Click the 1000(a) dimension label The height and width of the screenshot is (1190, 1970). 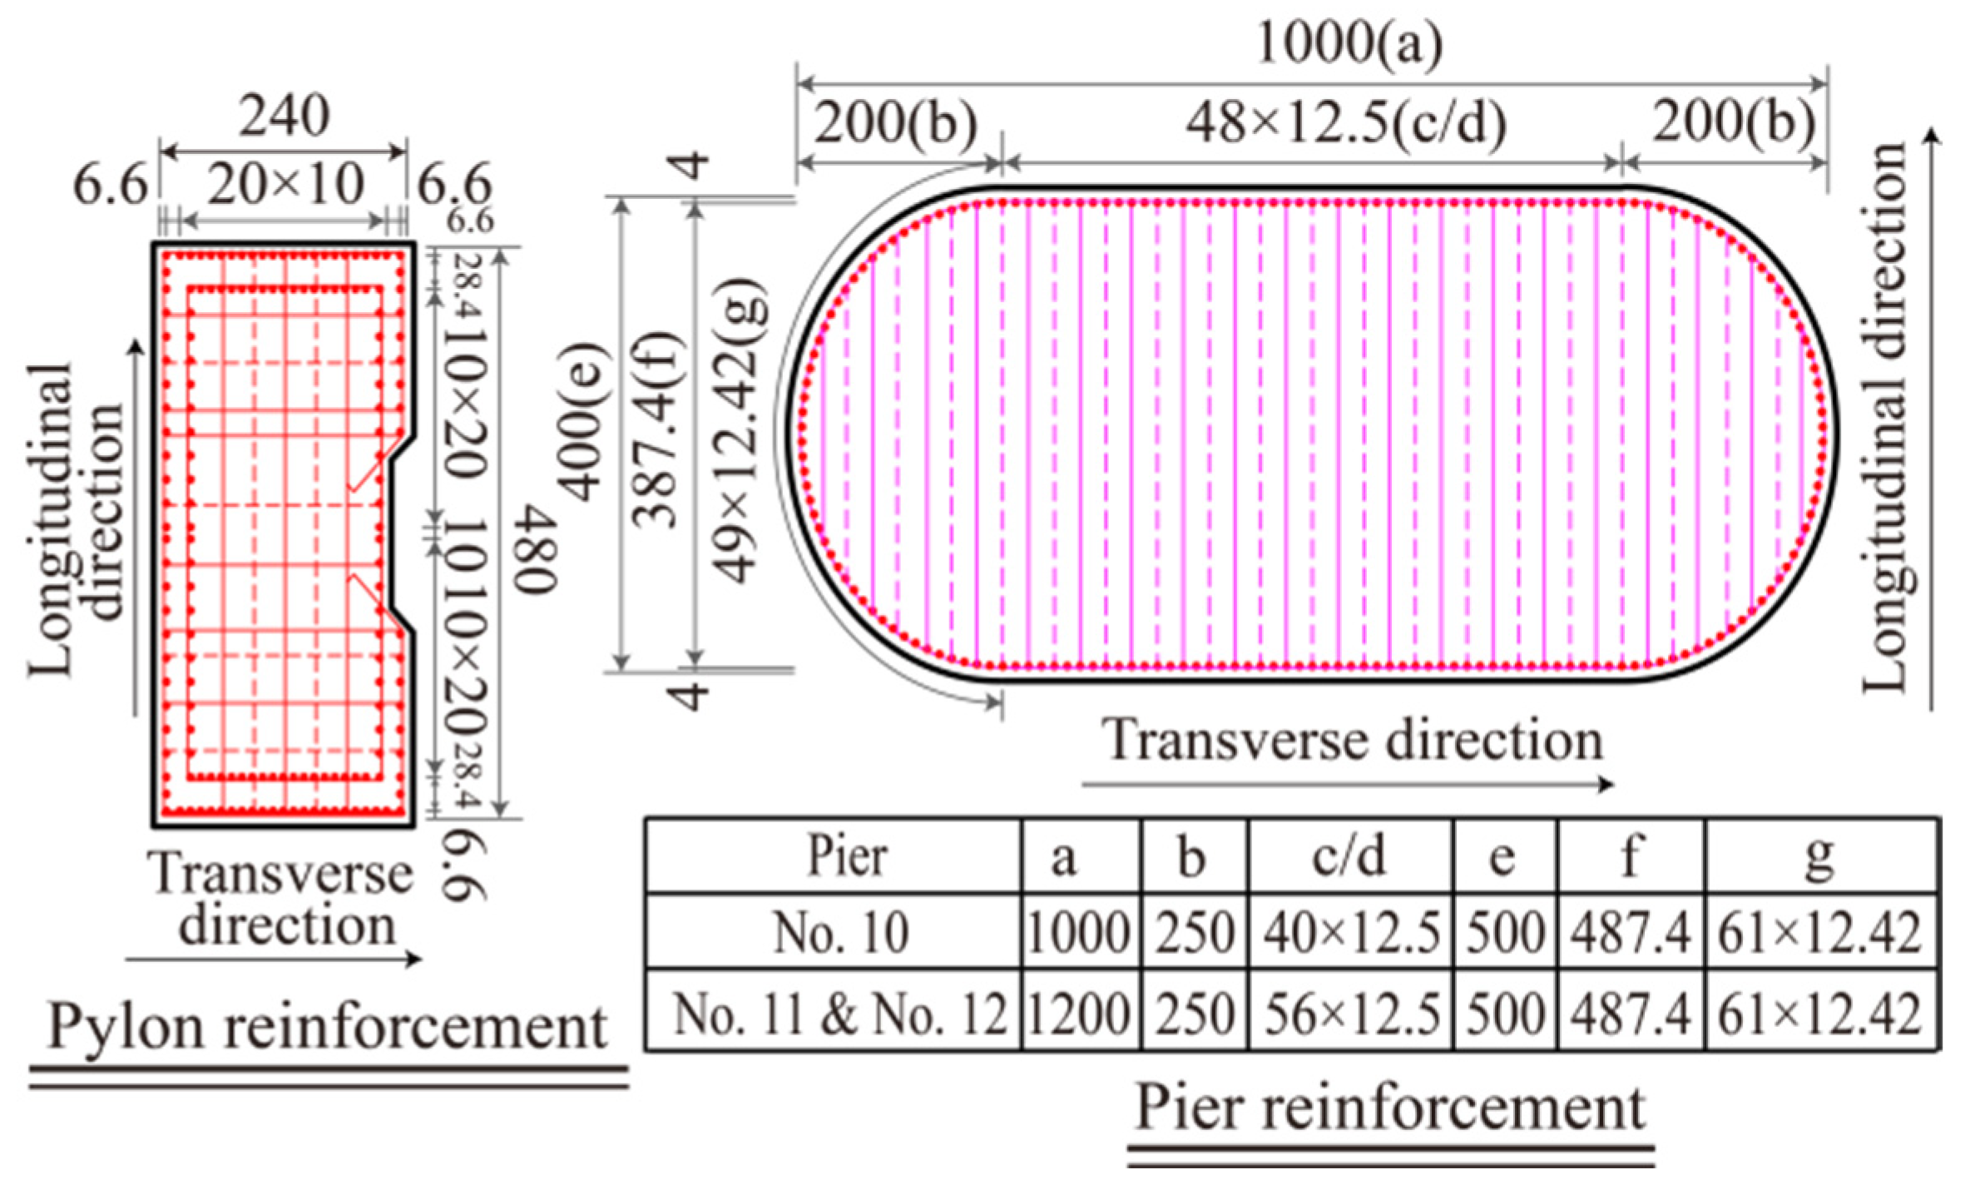coord(1349,43)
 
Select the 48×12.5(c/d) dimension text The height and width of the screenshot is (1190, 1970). coord(1345,125)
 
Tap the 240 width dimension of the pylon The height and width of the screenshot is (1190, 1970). coord(285,116)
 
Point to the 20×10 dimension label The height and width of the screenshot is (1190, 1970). coord(285,185)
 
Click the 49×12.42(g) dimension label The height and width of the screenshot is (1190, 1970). coord(740,433)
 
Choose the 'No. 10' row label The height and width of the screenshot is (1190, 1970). coord(840,933)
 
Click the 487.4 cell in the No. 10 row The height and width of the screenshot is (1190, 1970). coord(1631,933)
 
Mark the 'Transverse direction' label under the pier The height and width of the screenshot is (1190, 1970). coord(1353,740)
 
